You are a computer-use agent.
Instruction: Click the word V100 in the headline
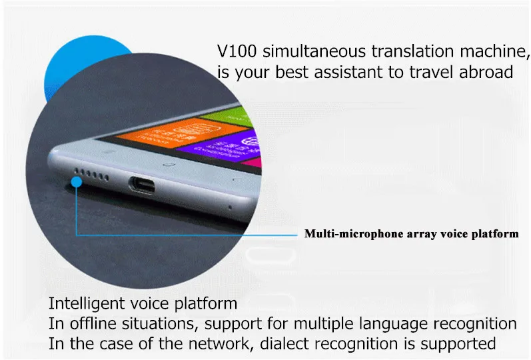(237, 51)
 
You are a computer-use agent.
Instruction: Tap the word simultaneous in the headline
(314, 51)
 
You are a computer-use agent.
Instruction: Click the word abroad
(486, 72)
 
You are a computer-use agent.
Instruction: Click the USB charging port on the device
(141, 185)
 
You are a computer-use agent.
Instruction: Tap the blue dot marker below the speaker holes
(77, 182)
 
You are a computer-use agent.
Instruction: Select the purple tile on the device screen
(223, 146)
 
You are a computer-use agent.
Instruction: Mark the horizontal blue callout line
(187, 235)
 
